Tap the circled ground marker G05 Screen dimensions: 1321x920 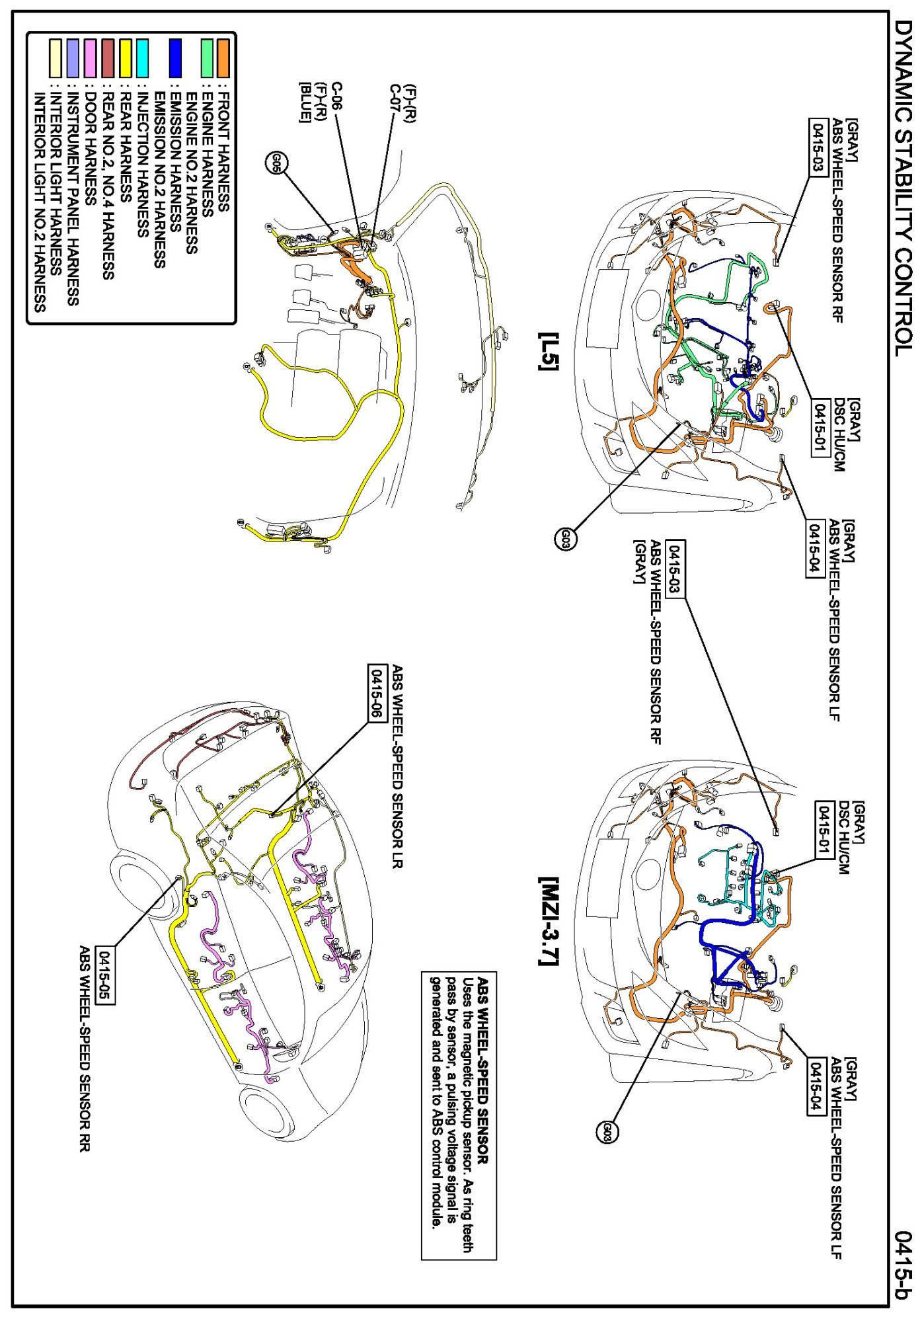click(276, 163)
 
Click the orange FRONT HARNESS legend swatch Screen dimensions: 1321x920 click(223, 58)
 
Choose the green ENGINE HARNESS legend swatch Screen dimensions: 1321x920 click(207, 58)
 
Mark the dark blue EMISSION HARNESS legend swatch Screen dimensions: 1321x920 click(174, 58)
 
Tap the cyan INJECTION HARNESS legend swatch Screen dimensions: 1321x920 click(141, 58)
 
